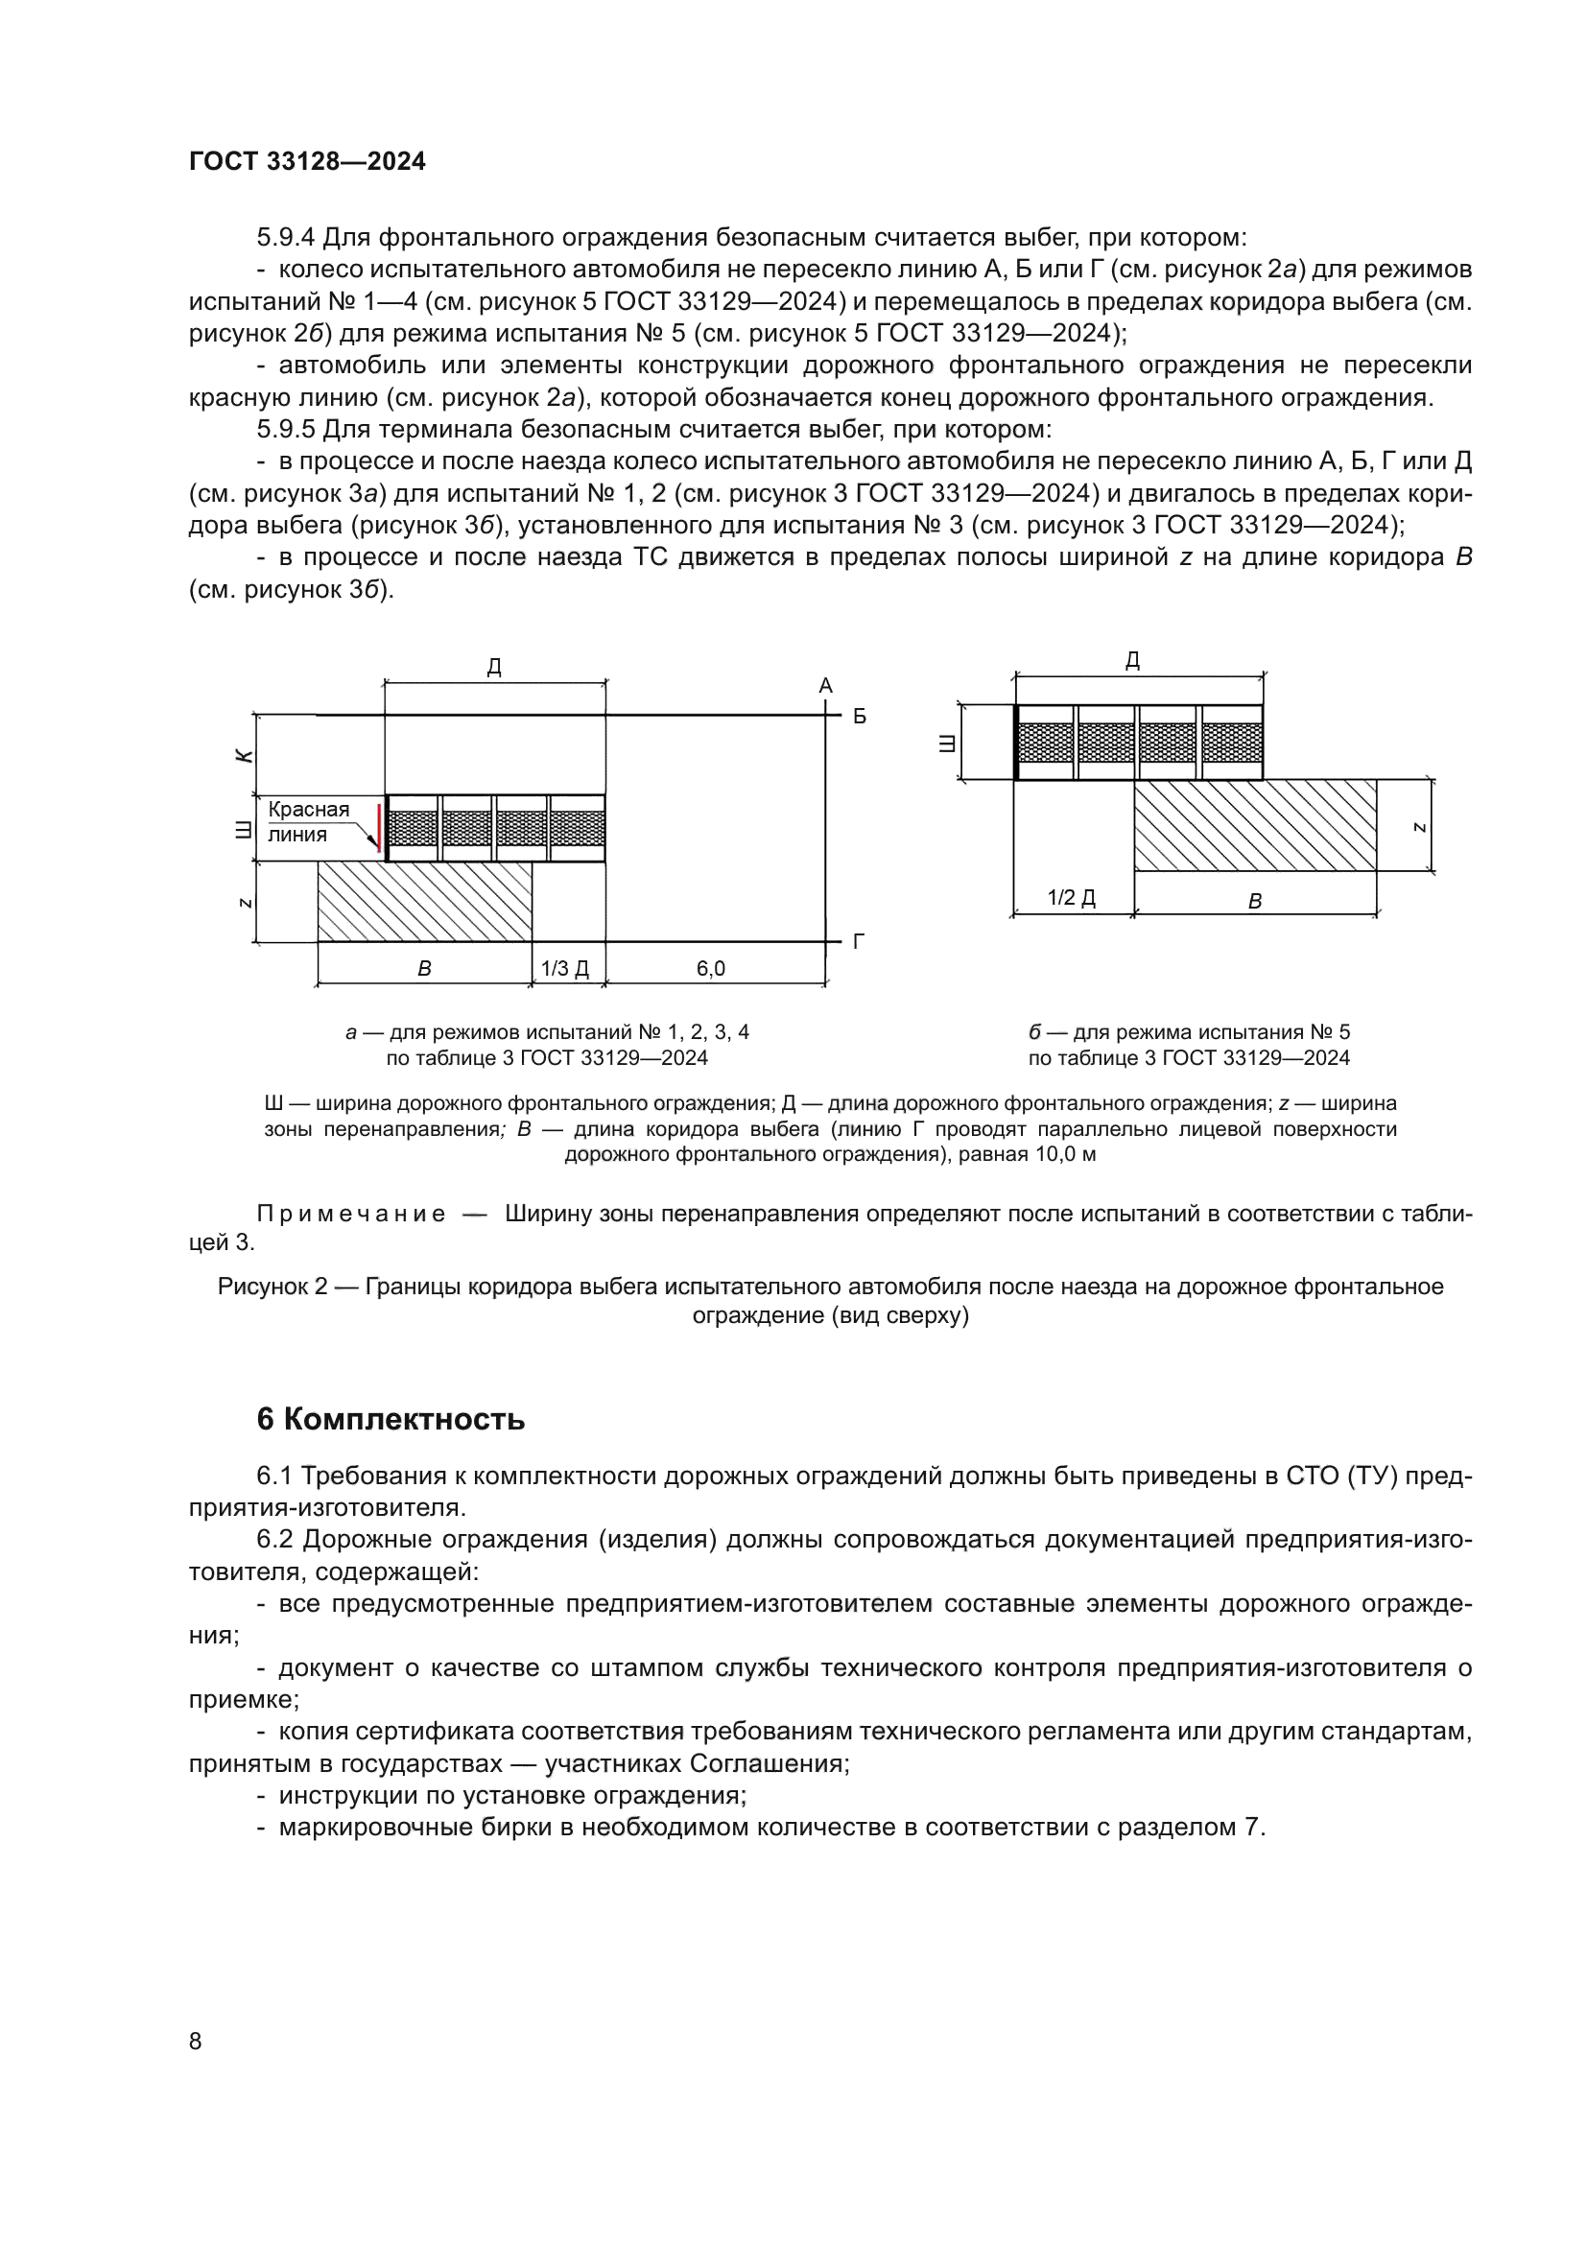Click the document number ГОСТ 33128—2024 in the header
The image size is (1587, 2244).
(x=307, y=162)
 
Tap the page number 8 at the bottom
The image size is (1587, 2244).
(x=196, y=2042)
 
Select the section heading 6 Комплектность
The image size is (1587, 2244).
(x=390, y=1419)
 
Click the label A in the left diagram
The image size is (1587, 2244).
(x=826, y=686)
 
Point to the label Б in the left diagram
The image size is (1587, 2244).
(x=860, y=717)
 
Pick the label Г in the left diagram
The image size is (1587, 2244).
(x=859, y=942)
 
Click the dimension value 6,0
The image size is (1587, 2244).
(x=710, y=969)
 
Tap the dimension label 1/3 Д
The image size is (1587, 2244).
(x=565, y=969)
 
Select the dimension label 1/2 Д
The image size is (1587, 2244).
(x=1071, y=897)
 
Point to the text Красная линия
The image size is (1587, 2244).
(x=309, y=822)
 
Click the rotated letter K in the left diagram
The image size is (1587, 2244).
(x=245, y=756)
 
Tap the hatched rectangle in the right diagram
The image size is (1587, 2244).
(x=1255, y=825)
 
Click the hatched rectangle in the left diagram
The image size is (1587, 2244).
(x=424, y=901)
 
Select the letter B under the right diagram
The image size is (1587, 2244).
(x=1255, y=902)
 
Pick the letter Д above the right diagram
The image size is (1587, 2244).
(x=1132, y=661)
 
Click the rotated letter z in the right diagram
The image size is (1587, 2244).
(x=1420, y=827)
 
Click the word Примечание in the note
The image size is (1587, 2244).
(x=351, y=1214)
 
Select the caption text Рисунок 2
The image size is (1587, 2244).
(x=272, y=1287)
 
